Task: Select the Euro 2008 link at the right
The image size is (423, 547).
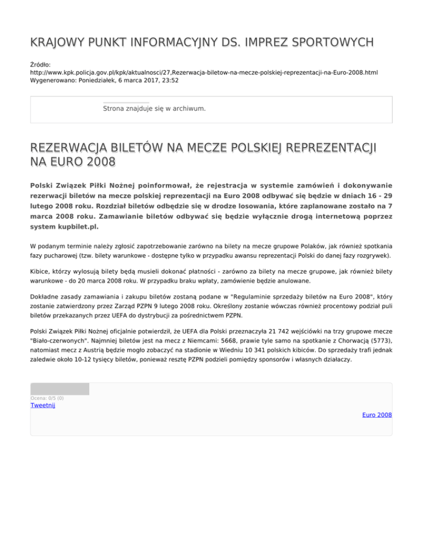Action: (377, 414)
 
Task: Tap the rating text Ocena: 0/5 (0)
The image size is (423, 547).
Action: (47, 398)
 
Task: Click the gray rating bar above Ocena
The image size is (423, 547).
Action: (59, 389)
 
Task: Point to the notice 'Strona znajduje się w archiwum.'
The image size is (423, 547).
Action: (154, 109)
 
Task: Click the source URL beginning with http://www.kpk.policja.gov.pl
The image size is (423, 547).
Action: (204, 72)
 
